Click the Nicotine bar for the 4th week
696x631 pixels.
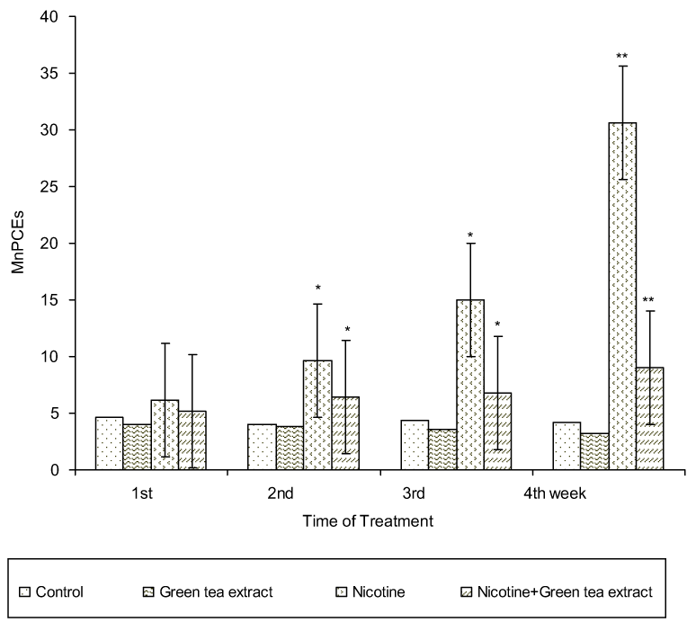(x=622, y=297)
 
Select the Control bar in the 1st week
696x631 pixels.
(x=109, y=443)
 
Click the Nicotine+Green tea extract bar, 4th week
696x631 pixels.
(x=650, y=418)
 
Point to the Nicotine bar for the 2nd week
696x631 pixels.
(x=317, y=414)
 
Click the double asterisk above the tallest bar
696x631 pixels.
(x=622, y=58)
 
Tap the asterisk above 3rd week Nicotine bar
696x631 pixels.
(x=470, y=236)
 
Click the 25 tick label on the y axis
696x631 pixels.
(x=58, y=187)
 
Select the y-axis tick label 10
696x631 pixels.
(x=58, y=357)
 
